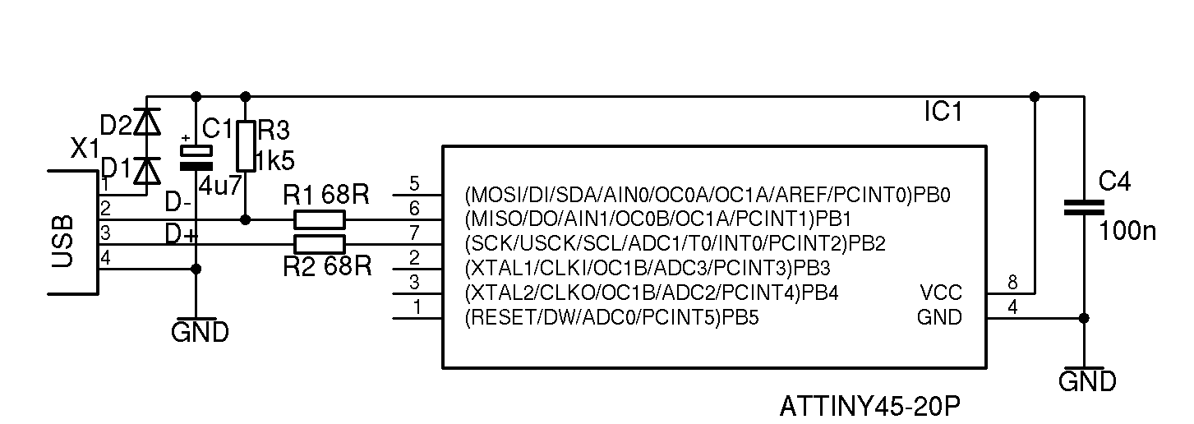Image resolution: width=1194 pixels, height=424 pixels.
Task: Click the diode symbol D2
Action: click(x=148, y=122)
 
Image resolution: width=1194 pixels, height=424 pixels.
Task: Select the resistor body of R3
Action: click(x=246, y=145)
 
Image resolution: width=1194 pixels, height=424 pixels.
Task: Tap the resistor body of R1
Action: click(x=320, y=219)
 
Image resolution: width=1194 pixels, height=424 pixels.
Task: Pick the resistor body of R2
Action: click(x=320, y=243)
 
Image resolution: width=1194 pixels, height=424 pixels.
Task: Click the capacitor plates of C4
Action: click(x=1083, y=207)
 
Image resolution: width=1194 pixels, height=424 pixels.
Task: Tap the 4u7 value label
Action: click(x=220, y=185)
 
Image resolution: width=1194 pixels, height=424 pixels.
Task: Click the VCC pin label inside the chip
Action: click(x=940, y=293)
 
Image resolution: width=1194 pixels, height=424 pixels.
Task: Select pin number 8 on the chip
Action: click(x=1012, y=283)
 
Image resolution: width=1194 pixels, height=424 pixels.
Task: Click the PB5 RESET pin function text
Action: click(x=611, y=317)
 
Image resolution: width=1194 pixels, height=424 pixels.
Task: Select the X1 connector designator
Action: click(x=85, y=150)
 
